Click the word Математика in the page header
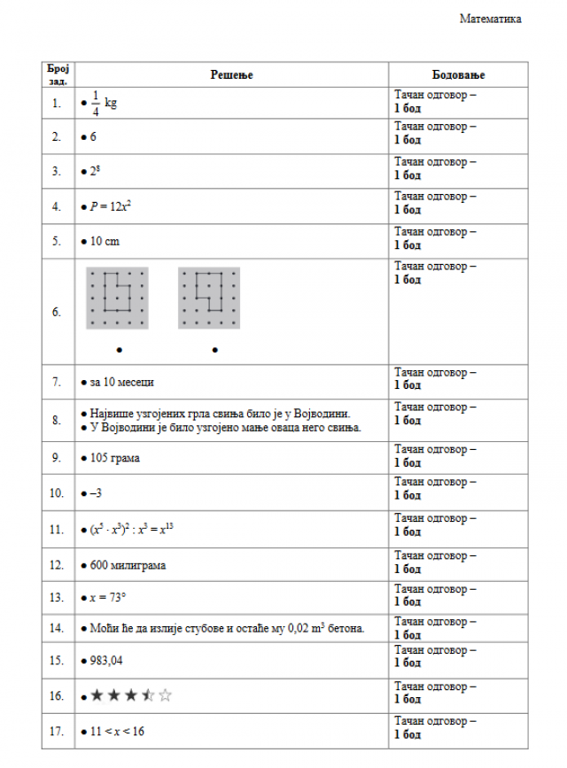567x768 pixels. (x=490, y=19)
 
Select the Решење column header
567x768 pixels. (x=231, y=75)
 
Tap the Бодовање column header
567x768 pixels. (x=458, y=75)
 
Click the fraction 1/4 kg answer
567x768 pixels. (x=103, y=103)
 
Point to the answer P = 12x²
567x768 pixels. (x=111, y=206)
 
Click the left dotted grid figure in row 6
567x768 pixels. (x=117, y=298)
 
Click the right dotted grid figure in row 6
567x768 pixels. (x=209, y=298)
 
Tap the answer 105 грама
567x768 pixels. (x=114, y=458)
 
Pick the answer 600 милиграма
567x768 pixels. (x=128, y=564)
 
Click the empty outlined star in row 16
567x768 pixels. (x=165, y=695)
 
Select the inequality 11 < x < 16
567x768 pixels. (x=119, y=732)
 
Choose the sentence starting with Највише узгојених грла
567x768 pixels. (x=221, y=414)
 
